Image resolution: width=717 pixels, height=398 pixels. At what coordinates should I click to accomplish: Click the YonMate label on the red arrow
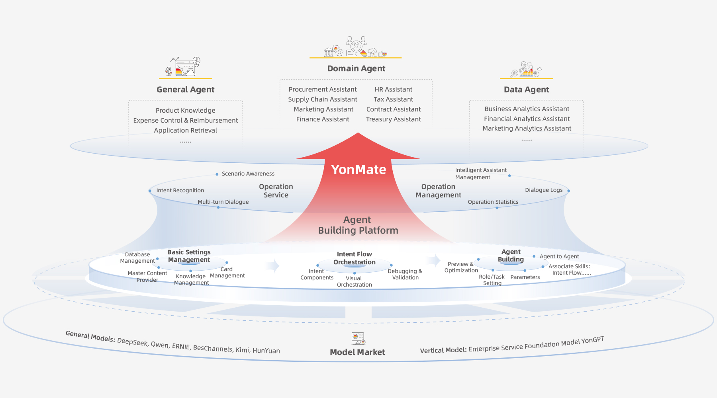pos(358,170)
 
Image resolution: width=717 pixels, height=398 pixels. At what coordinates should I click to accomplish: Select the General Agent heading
pos(185,90)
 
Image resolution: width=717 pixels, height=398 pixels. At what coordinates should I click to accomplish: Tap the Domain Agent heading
pos(356,68)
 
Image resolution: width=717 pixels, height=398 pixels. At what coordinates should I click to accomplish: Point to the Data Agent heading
pos(526,90)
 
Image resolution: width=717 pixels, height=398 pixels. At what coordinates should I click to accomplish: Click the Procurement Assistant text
pos(323,90)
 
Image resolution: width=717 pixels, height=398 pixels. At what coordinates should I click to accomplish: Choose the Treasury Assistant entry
pos(393,119)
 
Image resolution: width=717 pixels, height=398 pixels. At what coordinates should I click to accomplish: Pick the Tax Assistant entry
pos(393,99)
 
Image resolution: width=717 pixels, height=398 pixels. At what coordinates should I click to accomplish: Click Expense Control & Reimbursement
pos(185,120)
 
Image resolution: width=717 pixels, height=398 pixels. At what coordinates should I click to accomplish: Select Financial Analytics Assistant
pos(527,119)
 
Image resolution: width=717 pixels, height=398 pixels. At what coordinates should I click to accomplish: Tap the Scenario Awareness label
pos(248,174)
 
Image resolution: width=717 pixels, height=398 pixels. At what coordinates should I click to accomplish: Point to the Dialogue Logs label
pos(543,190)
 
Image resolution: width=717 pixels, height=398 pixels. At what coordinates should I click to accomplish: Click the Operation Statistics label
pos(493,202)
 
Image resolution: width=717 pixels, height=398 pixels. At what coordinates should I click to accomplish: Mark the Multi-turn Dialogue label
pos(223,202)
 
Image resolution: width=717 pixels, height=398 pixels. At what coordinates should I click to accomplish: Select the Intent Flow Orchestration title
pos(354,258)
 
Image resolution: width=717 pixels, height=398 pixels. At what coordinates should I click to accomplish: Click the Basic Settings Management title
pos(189,256)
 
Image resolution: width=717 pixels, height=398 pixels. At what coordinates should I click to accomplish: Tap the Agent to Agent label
pos(559,257)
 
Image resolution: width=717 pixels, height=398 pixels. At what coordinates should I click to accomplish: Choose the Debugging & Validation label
pos(405,274)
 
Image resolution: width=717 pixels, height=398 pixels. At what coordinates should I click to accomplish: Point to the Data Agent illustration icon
pos(526,70)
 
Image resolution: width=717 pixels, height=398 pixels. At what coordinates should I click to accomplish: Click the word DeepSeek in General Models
pos(132,342)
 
